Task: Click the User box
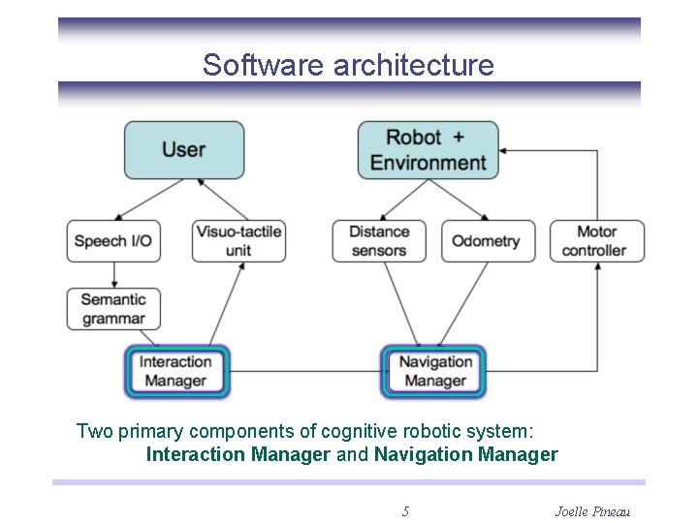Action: [183, 149]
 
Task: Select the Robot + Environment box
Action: [428, 149]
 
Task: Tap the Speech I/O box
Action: [113, 241]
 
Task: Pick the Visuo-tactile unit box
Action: [238, 241]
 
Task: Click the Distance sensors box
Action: [379, 241]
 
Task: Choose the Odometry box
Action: [488, 241]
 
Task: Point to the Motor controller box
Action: [596, 241]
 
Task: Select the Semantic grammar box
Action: [113, 309]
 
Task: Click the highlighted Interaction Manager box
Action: [176, 372]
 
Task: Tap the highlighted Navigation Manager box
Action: [433, 372]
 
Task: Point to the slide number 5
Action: [405, 510]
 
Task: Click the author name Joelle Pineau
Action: [591, 510]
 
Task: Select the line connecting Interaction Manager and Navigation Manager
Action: [305, 372]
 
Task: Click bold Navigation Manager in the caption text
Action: [465, 454]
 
